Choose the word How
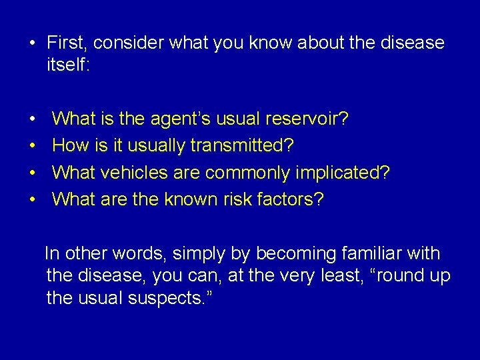(69, 145)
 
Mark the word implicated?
(341, 172)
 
